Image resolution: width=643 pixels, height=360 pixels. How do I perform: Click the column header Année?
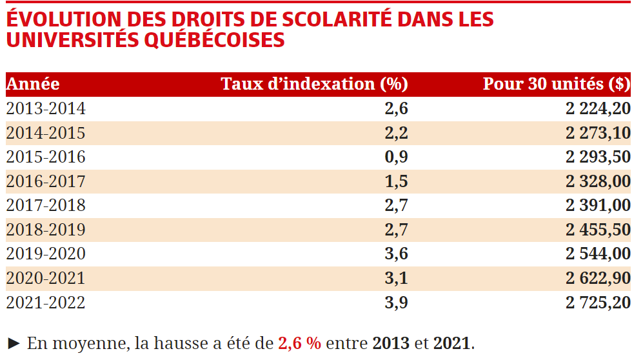[33, 84]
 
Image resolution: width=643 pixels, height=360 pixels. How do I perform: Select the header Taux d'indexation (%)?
[314, 84]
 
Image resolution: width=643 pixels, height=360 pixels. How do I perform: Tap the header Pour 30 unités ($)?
[557, 84]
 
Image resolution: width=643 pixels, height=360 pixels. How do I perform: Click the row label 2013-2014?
[46, 108]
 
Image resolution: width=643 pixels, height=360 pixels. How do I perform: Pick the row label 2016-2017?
[46, 181]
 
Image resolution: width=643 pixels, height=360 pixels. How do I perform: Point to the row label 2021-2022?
[46, 303]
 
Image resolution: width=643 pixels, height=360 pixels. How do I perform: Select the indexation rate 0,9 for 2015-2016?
[396, 157]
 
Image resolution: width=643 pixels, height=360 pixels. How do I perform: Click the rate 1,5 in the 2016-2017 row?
[396, 181]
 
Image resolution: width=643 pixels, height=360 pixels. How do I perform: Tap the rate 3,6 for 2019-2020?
[396, 254]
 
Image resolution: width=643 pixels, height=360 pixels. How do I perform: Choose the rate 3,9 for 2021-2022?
[396, 303]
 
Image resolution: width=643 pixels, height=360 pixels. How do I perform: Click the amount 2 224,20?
[598, 108]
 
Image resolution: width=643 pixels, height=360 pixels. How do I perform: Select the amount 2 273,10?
[598, 133]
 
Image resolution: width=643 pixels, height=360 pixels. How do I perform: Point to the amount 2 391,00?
[598, 205]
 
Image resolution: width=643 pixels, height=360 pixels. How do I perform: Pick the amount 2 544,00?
[598, 254]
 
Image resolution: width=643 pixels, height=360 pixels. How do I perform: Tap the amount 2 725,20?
[598, 303]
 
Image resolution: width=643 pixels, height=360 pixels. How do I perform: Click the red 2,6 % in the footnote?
[299, 343]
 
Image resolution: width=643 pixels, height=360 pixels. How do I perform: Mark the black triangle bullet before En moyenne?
[14, 343]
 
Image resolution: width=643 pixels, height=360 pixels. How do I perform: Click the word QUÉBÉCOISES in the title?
[214, 40]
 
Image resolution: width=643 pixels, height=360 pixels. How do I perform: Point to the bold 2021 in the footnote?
[451, 343]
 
